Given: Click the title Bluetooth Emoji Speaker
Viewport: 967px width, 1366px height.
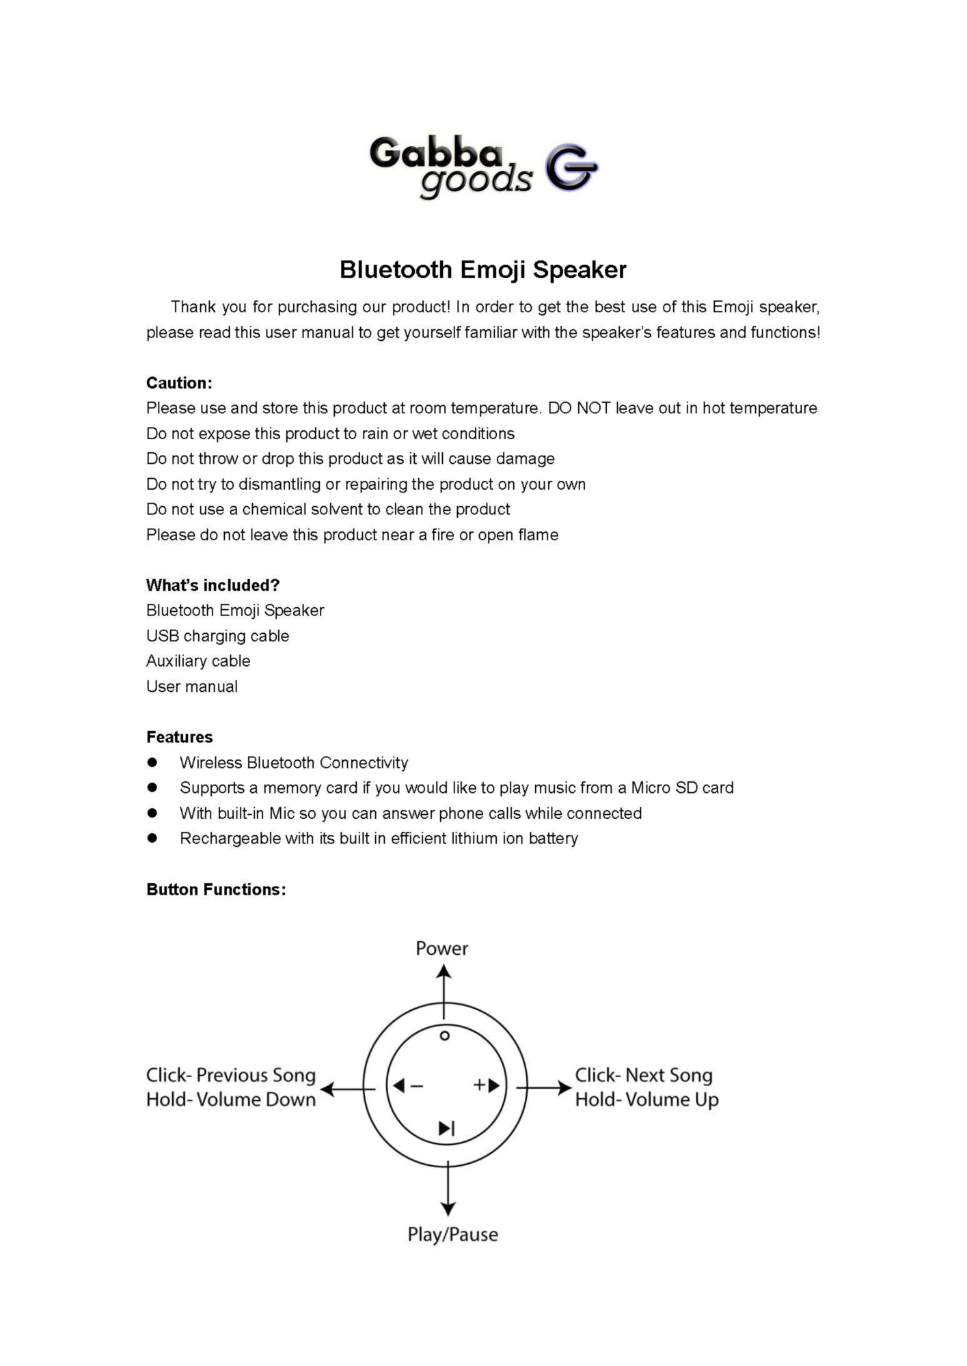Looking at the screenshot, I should [x=482, y=270].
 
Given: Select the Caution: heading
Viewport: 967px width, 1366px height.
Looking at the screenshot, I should [x=179, y=383].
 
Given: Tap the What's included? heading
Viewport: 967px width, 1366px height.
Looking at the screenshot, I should [x=213, y=585].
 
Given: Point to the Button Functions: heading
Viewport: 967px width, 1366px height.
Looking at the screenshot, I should [x=216, y=890].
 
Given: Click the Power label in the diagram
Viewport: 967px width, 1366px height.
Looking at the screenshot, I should [x=441, y=949].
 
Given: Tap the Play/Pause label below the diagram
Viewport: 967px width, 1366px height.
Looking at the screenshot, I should [x=452, y=1235].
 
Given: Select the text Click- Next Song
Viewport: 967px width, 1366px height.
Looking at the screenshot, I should [x=643, y=1076].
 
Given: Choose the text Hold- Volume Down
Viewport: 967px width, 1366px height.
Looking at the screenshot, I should [x=231, y=1100].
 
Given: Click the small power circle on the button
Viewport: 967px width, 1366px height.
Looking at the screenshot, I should [x=444, y=1036].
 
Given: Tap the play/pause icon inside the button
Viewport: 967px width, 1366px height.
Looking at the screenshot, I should [x=446, y=1129].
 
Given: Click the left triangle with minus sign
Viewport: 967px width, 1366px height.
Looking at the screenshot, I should [x=407, y=1086].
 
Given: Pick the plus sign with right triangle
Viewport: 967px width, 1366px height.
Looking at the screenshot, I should [x=487, y=1085].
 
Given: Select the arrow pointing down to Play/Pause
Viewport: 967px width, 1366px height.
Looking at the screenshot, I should [x=448, y=1189].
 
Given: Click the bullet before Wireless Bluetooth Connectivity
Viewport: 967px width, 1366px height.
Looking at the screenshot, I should [x=152, y=762].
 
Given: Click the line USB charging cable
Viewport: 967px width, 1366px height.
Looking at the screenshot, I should [x=217, y=636].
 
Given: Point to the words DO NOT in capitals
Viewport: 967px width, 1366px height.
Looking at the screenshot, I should [x=580, y=408].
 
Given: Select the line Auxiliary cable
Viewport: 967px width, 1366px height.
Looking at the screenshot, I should [x=198, y=661].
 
